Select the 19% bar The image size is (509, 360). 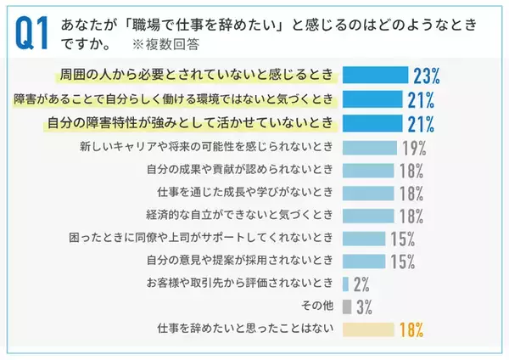[367, 147]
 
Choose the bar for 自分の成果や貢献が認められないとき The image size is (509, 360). [366, 170]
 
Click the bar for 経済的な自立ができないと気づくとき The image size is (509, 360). [366, 216]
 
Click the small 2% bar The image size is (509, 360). [345, 284]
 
